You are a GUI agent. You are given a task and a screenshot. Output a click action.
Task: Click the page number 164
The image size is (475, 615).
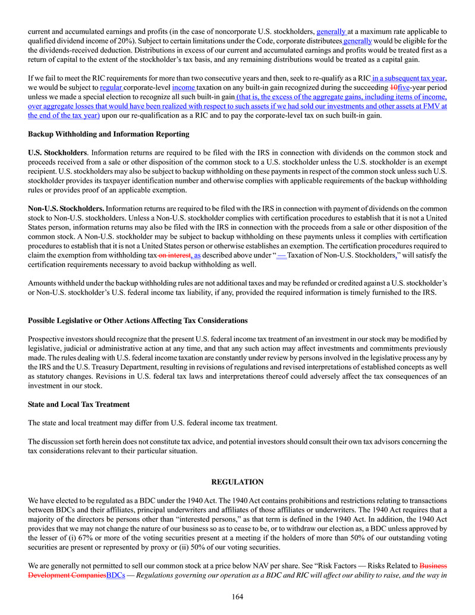click(x=238, y=597)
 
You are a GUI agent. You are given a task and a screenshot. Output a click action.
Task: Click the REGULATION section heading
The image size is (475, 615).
click(x=237, y=482)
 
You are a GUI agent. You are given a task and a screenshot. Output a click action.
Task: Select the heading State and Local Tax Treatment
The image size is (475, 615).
click(x=78, y=404)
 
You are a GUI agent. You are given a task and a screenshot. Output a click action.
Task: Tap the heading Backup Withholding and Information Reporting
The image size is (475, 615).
click(x=109, y=134)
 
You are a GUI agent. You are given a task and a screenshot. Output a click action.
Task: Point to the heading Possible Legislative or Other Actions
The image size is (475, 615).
click(x=137, y=321)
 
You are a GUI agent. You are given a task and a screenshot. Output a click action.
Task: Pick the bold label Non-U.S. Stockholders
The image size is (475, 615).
click(x=67, y=209)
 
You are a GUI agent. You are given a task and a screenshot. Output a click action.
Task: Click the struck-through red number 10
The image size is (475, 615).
click(x=393, y=87)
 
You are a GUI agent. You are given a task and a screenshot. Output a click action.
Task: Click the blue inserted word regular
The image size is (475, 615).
click(x=111, y=87)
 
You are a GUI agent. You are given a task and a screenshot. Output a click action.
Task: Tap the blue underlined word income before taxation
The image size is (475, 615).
click(x=183, y=87)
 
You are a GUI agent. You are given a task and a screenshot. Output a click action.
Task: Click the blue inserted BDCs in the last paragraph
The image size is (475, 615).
click(x=115, y=576)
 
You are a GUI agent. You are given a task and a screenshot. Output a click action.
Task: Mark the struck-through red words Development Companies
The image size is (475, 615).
click(x=67, y=576)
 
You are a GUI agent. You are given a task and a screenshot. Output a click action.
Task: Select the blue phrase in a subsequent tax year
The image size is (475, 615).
click(x=409, y=78)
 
